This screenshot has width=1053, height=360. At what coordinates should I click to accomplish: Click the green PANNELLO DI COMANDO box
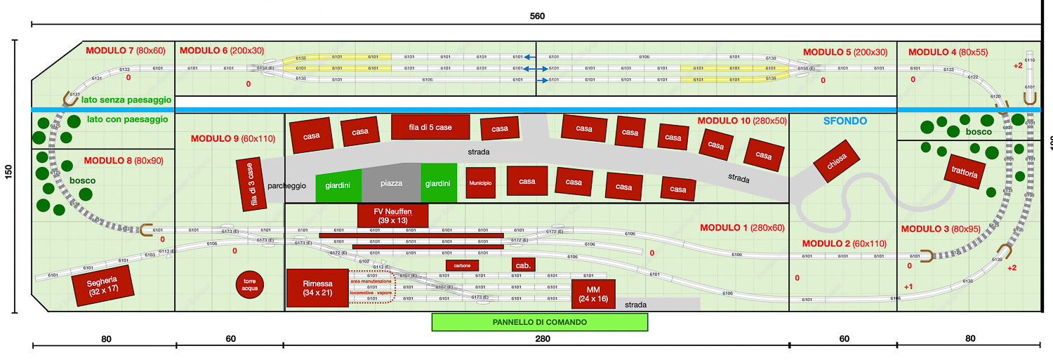click(x=539, y=322)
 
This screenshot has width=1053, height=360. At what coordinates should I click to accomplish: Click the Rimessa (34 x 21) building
click(x=317, y=288)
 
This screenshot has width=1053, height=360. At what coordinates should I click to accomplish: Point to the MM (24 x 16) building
click(x=593, y=294)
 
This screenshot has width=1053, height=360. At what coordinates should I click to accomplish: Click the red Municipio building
click(x=480, y=182)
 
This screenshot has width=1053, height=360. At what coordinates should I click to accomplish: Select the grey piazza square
click(x=391, y=184)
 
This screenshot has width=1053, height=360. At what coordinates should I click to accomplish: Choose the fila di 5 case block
click(x=430, y=128)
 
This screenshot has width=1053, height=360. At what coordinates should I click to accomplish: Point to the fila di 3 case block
click(x=251, y=185)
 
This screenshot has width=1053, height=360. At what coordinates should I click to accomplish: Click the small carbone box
click(x=462, y=265)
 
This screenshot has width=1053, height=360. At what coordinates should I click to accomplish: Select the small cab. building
click(x=523, y=265)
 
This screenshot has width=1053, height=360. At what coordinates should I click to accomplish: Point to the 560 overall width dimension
click(x=537, y=15)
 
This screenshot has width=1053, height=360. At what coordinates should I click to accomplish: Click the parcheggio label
click(x=286, y=186)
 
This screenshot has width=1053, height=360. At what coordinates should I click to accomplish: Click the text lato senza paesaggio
click(x=126, y=100)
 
